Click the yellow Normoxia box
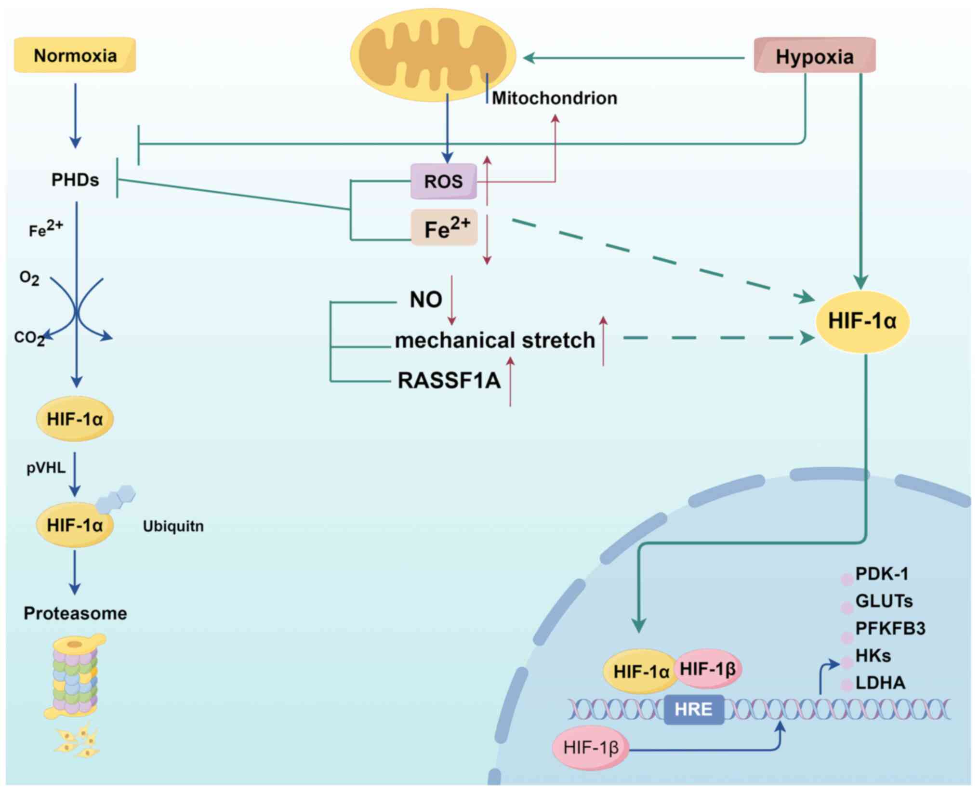[x=75, y=55]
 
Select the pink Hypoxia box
[x=814, y=56]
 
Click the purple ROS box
[x=443, y=182]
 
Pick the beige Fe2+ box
[x=444, y=228]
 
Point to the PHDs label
[x=75, y=180]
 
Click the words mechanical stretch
[x=495, y=340]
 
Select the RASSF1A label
[x=449, y=381]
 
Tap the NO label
[x=426, y=300]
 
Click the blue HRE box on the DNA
[x=693, y=709]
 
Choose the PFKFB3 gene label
[x=890, y=628]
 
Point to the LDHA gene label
[x=880, y=683]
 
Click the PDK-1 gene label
[x=882, y=574]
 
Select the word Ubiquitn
[x=173, y=526]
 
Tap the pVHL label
[x=46, y=468]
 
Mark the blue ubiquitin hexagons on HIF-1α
[x=116, y=499]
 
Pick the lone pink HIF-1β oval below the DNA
[x=591, y=748]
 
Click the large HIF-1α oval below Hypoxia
[x=862, y=321]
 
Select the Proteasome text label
[x=75, y=613]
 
